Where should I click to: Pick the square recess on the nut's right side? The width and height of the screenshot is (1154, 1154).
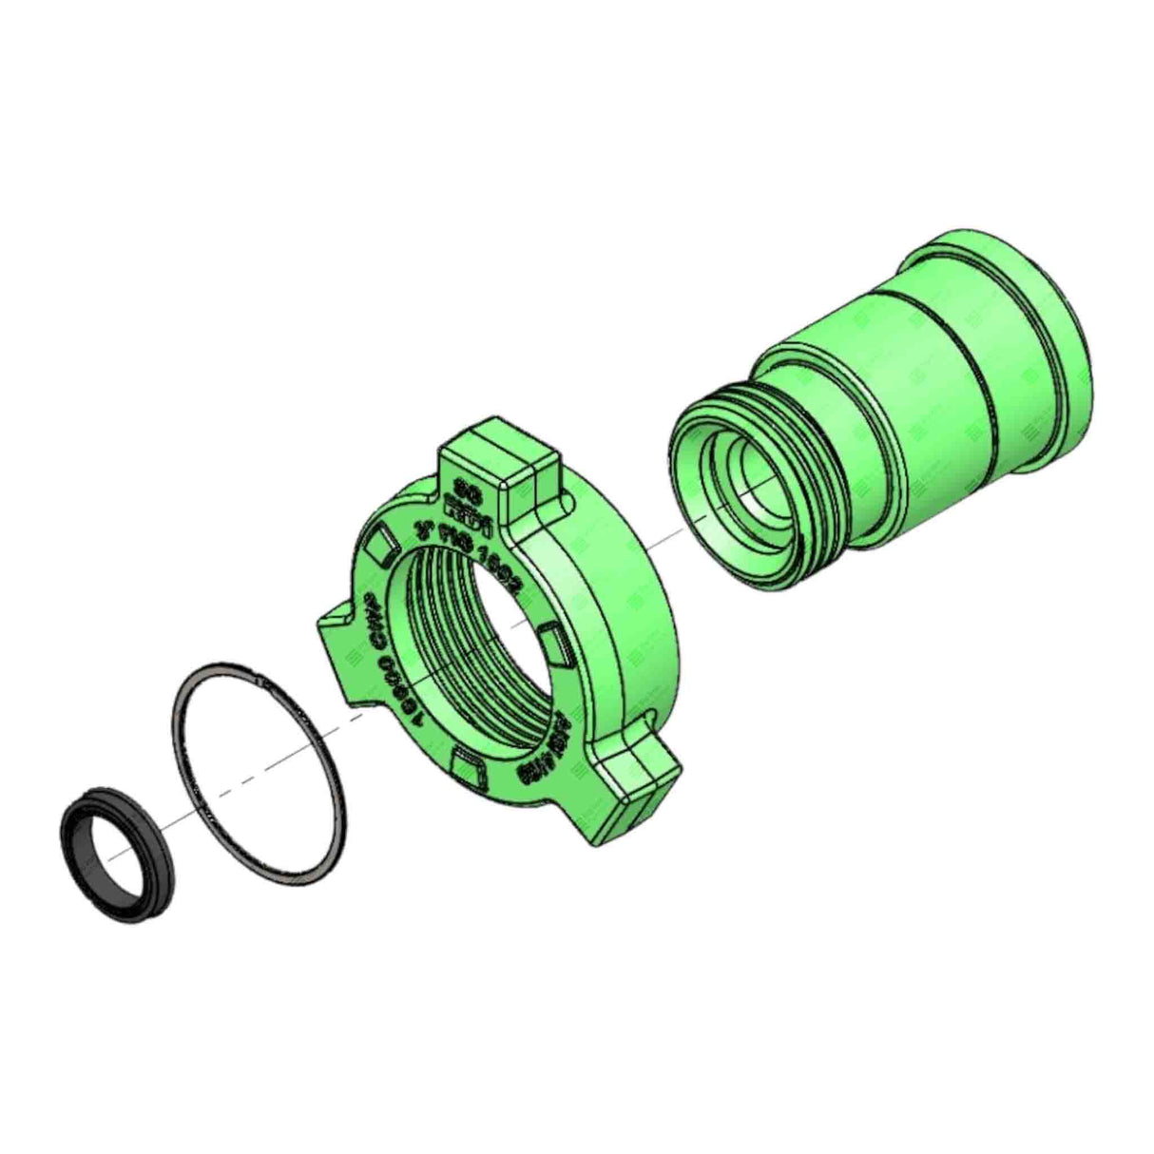[553, 644]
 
